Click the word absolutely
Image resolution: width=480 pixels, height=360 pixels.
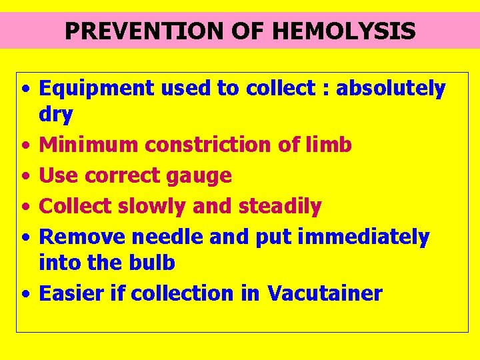(391, 88)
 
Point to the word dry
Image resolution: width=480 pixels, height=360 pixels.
(56, 115)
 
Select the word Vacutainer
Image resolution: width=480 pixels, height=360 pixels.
(325, 293)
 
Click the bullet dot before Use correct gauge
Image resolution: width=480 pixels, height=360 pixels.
(25, 177)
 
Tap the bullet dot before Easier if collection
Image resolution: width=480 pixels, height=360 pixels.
(25, 294)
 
